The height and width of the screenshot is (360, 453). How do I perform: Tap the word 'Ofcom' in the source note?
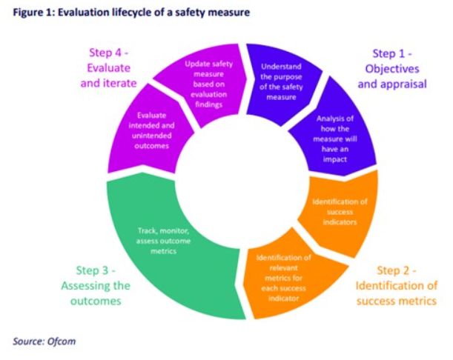62,341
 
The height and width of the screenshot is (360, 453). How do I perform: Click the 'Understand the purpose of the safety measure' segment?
281,79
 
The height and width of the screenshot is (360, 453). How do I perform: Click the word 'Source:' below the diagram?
29,341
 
